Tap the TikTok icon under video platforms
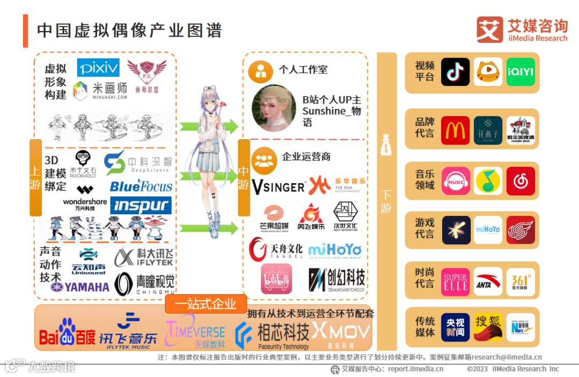point(455,72)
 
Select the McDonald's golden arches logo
point(455,130)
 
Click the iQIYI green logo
point(521,72)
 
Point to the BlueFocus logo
point(141,186)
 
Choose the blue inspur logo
point(141,206)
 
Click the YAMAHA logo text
point(80,287)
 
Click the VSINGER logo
point(278,187)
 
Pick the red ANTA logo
point(488,282)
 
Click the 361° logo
point(521,282)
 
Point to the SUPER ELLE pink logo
point(455,282)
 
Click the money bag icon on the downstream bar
point(386,146)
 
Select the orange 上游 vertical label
point(35,177)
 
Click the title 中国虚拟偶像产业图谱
point(129,30)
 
